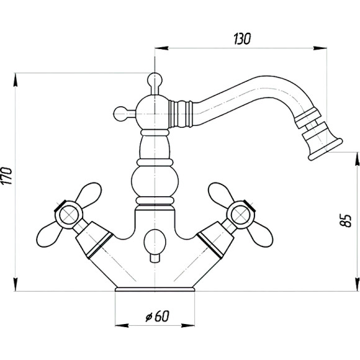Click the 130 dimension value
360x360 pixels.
pyautogui.click(x=242, y=39)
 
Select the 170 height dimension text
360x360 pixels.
pyautogui.click(x=6, y=176)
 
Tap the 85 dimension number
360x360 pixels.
pyautogui.click(x=346, y=220)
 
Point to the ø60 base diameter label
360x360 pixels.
pyautogui.click(x=157, y=316)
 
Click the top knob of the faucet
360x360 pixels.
pyautogui.click(x=155, y=79)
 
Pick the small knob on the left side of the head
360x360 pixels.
pyautogui.click(x=120, y=114)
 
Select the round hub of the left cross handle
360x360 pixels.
pyautogui.click(x=68, y=215)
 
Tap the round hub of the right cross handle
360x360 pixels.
pyautogui.click(x=240, y=215)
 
